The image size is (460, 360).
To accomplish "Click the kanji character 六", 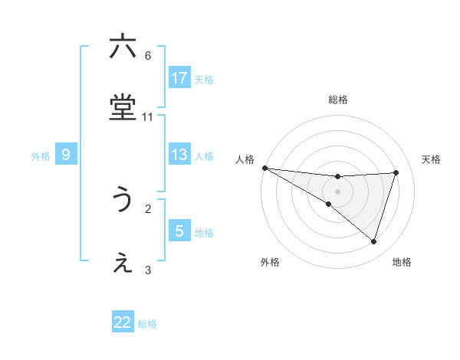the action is [x=123, y=47].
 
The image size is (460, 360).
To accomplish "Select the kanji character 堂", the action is [x=123, y=110].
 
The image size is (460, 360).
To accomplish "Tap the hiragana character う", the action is [x=123, y=200].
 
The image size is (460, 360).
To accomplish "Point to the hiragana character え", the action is [x=123, y=263].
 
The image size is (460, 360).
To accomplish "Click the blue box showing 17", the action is [x=179, y=77].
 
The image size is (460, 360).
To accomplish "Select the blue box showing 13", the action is [x=179, y=155].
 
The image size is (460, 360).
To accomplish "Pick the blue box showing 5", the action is [x=179, y=231].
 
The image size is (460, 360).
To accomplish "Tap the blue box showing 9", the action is [x=66, y=155].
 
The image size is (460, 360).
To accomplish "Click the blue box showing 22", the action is [x=123, y=322].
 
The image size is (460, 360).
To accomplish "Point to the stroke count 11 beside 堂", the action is [x=148, y=117].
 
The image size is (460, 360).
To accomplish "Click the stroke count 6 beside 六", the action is [x=148, y=55].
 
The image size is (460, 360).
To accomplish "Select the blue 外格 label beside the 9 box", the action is [x=41, y=155].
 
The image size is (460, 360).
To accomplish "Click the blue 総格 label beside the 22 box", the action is [x=147, y=324].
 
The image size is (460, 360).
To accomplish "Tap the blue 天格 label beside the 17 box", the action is [x=204, y=79].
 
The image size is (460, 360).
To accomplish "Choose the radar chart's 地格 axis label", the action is [x=402, y=262].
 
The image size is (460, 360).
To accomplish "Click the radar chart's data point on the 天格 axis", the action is [x=396, y=172].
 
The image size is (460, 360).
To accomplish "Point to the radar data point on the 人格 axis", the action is [x=264, y=168].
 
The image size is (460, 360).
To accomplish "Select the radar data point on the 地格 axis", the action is [x=373, y=241].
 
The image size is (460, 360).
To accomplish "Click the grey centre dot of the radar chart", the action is [x=337, y=191].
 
